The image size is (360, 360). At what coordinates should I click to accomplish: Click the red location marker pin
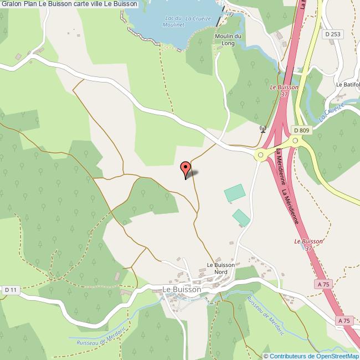pos(186,167)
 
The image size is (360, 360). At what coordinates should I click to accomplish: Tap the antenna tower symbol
pos(263,130)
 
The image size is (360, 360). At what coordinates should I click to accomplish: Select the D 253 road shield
pos(333,34)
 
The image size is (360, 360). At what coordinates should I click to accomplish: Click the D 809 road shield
pos(301,131)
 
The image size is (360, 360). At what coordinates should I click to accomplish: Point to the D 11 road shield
pos(11,290)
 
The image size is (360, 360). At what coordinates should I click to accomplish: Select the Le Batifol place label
pos(348,85)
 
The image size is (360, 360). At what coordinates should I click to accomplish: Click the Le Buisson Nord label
pos(217,268)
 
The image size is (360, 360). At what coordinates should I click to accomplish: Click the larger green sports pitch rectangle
pos(235,193)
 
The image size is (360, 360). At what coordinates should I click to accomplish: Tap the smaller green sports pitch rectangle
pos(241,217)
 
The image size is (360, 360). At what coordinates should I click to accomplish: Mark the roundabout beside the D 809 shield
pos(296,142)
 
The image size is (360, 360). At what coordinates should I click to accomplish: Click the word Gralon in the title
pos(11,4)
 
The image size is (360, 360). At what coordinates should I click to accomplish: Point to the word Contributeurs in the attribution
pos(288,356)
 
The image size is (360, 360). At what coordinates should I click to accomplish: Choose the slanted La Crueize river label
pos(332,112)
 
